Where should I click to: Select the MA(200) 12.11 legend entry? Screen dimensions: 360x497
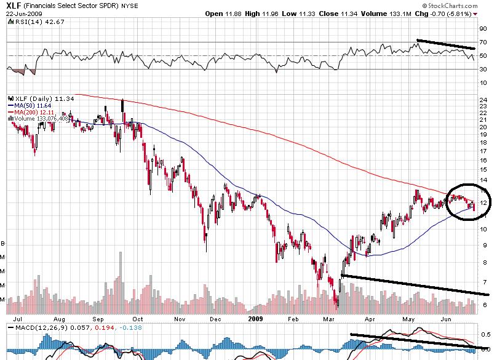29,111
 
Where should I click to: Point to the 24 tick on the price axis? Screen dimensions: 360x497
484,100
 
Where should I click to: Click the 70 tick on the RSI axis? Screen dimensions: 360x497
483,44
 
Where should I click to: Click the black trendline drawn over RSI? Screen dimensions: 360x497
446,44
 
